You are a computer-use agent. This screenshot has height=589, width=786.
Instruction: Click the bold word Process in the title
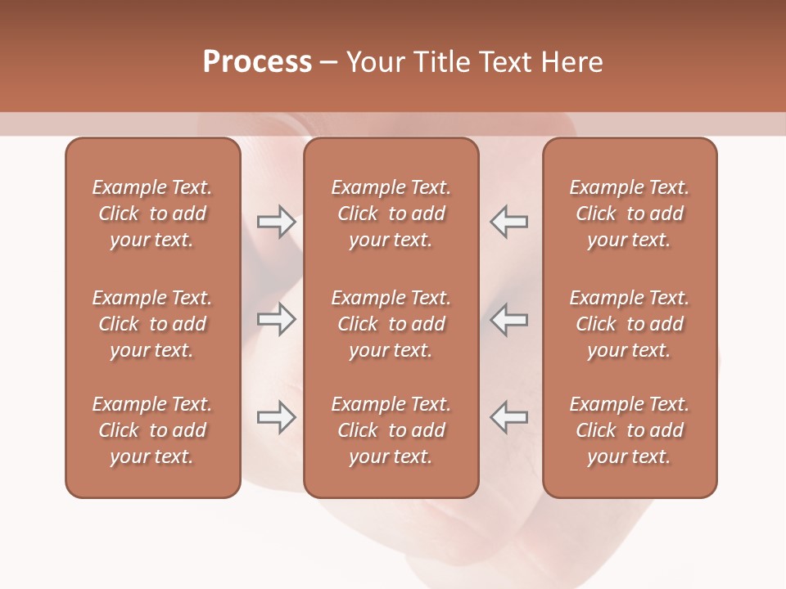tap(257, 62)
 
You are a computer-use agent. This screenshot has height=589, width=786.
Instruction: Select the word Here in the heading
tap(572, 62)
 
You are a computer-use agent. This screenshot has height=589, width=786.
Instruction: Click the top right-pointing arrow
tap(276, 222)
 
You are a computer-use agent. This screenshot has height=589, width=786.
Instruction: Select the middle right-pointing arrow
tap(276, 319)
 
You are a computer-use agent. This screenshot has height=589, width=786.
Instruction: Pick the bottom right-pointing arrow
tap(276, 417)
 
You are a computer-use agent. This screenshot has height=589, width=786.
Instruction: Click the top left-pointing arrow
tap(508, 222)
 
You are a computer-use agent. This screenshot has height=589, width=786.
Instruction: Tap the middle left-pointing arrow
tap(508, 319)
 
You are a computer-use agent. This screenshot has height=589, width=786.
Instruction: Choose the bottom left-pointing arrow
tap(508, 417)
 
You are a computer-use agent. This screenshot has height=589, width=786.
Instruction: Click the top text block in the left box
tap(152, 214)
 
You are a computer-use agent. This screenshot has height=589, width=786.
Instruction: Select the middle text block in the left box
tap(152, 324)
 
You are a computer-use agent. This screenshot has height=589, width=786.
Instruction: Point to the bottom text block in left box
tap(152, 430)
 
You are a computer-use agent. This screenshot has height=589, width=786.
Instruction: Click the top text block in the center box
tap(391, 214)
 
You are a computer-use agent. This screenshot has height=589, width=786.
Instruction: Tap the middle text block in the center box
tap(391, 324)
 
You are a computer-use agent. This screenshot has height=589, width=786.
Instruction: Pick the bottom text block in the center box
tap(391, 430)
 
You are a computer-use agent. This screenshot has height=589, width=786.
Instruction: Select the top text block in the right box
tap(630, 214)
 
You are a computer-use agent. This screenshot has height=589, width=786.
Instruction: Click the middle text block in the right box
tap(630, 324)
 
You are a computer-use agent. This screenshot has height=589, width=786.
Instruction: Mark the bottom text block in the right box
tap(630, 430)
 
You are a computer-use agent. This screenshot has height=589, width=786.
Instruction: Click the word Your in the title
tap(374, 62)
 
